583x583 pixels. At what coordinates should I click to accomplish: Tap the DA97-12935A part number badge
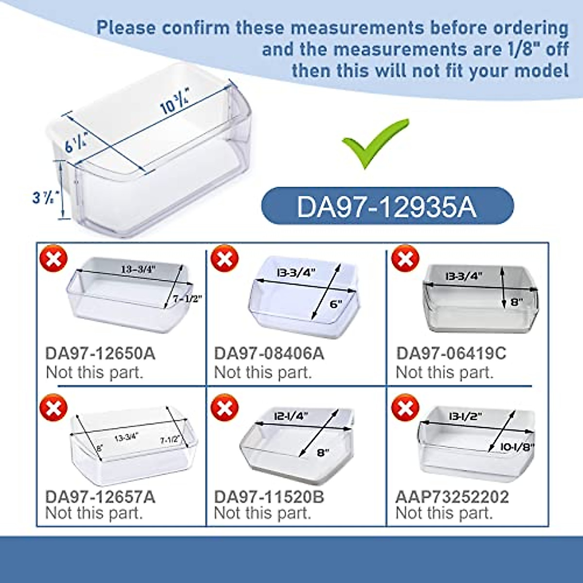click(x=387, y=206)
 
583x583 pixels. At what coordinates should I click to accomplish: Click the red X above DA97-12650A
click(x=53, y=258)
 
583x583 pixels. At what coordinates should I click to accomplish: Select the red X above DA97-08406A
click(x=224, y=258)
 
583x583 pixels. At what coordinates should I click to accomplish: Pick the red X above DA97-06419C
click(x=405, y=258)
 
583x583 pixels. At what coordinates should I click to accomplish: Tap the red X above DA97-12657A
click(x=53, y=408)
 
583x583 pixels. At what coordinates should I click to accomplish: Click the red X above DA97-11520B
click(x=224, y=408)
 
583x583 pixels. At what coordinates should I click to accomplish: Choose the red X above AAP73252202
click(x=405, y=408)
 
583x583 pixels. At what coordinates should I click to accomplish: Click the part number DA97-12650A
click(x=101, y=353)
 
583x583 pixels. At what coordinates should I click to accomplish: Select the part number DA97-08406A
click(x=269, y=353)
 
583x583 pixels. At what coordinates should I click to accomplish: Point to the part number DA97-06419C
click(x=451, y=353)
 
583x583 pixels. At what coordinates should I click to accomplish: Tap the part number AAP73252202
click(x=452, y=497)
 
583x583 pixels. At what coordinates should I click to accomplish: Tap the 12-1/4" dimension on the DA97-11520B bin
click(x=291, y=416)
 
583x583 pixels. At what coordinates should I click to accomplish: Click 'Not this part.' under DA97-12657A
click(x=94, y=513)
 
